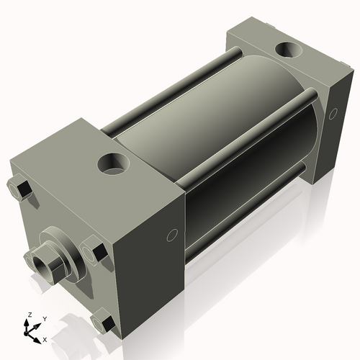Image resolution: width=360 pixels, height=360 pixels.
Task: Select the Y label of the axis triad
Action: point(44,318)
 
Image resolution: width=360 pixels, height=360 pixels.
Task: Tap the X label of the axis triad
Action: point(45,338)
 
